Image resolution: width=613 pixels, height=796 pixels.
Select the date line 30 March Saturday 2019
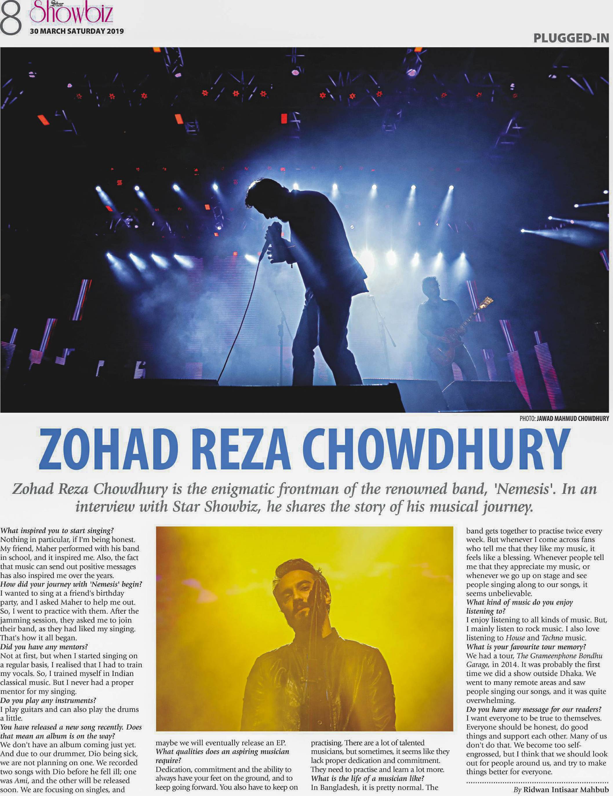[x=77, y=31]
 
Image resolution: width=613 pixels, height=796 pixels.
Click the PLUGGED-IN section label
[x=571, y=38]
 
